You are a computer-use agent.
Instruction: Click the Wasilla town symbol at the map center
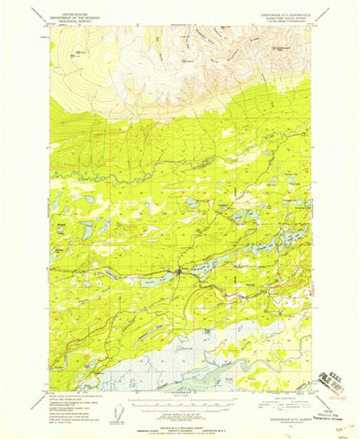coord(181,270)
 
